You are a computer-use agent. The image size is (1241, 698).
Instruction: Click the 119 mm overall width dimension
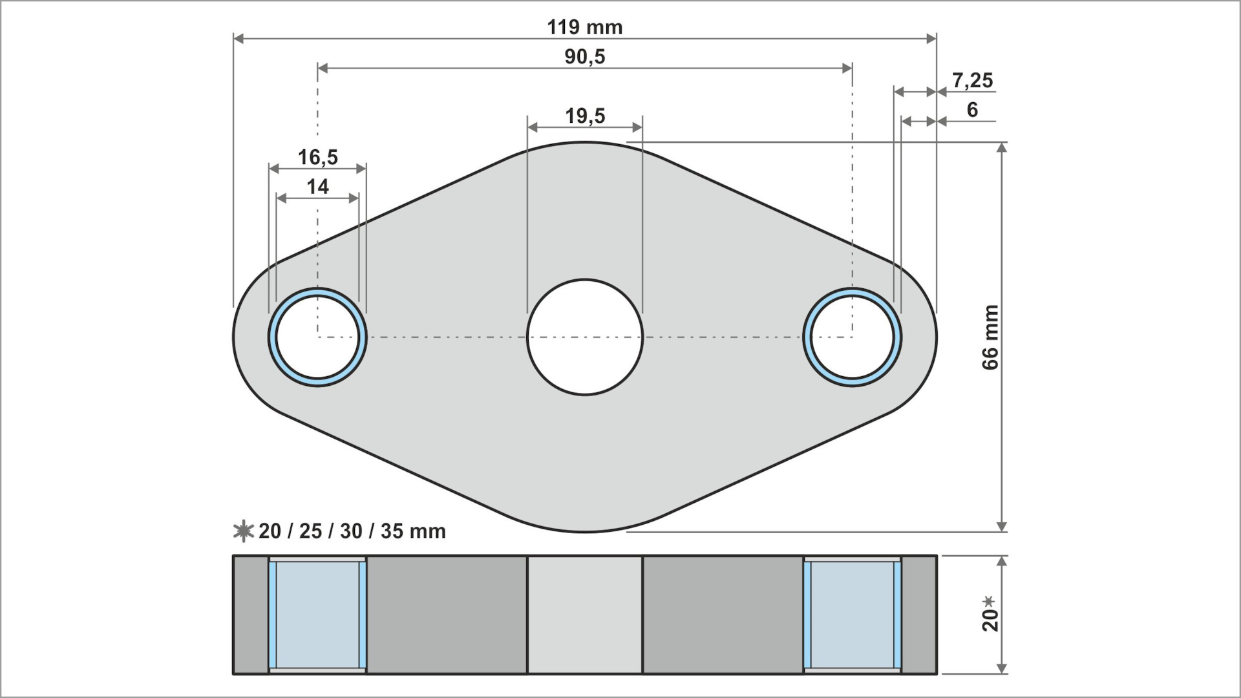point(584,27)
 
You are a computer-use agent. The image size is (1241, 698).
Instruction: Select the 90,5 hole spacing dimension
point(585,57)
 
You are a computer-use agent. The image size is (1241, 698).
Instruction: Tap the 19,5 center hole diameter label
point(585,116)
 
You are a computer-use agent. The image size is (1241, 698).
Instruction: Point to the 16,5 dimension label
point(317,157)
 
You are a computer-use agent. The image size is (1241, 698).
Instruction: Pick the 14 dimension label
point(317,187)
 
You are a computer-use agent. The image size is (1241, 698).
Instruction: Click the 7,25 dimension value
point(972,81)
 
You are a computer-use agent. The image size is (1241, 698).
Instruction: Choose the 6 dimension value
point(972,110)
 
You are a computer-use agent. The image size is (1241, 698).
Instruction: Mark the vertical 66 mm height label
point(990,337)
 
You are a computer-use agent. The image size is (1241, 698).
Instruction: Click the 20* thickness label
point(990,613)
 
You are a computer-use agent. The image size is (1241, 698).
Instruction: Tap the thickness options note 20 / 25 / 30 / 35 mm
point(352,531)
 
